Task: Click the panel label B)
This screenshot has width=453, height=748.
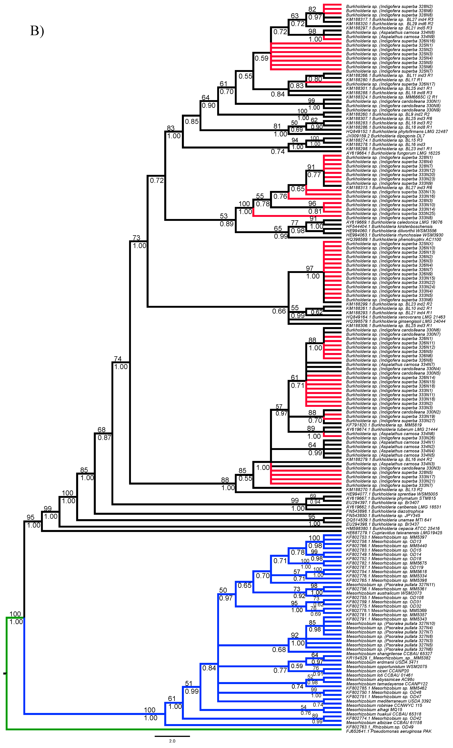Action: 37,31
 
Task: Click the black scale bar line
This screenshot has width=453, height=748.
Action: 172,736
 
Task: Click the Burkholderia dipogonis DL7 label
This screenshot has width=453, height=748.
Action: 385,136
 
